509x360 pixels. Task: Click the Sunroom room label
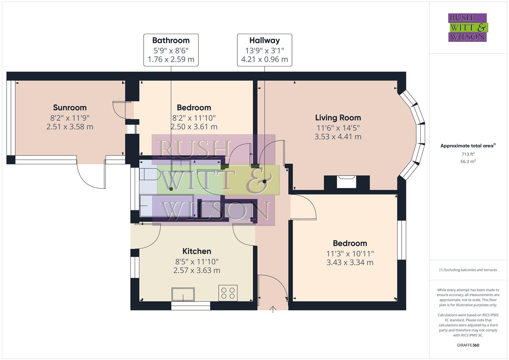70,107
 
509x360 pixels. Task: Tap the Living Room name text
338,117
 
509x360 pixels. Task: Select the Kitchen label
197,251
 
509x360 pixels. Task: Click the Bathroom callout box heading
171,40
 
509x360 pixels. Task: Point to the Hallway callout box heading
264,40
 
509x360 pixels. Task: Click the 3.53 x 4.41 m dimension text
338,137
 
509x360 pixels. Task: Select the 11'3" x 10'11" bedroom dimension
350,253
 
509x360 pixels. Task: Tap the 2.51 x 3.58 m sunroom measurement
70,127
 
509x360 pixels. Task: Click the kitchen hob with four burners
228,293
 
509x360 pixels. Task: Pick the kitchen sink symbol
183,294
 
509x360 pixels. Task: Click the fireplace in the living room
347,182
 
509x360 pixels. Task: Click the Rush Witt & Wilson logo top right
467,27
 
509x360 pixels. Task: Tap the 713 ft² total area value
468,154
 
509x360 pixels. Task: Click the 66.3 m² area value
468,161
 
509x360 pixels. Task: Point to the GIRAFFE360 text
468,345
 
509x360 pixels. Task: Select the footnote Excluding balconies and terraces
468,270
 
